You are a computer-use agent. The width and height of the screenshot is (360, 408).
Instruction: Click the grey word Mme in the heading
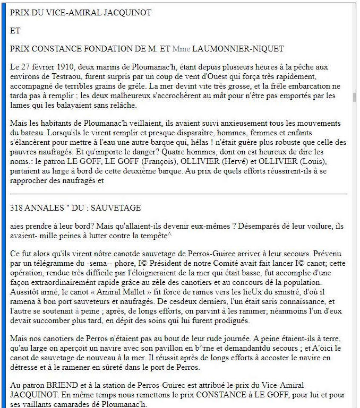[x=181, y=49]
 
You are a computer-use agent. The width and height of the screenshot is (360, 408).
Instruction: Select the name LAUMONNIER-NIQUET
[x=238, y=49]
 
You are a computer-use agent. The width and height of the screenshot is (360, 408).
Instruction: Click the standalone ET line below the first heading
[x=15, y=30]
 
